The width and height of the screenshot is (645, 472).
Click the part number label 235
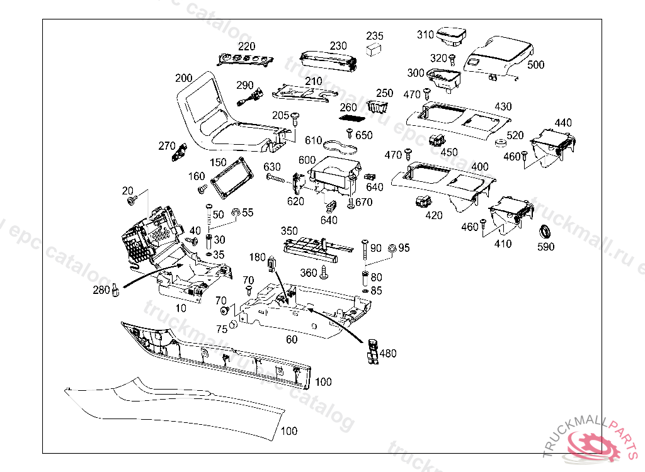coord(375,36)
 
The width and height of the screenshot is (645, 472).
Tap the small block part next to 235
coord(374,49)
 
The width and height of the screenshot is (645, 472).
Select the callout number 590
coord(545,247)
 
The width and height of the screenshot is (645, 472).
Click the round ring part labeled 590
coord(544,230)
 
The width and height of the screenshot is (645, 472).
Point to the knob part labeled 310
coord(450,35)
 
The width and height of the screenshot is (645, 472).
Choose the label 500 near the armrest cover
coord(536,65)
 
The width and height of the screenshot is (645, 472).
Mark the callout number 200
coord(183,78)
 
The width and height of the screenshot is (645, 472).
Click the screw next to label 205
coord(295,117)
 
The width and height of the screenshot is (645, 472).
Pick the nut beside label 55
coord(235,214)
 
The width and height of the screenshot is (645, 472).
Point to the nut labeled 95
coord(391,249)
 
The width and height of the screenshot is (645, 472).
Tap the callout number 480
coord(388,354)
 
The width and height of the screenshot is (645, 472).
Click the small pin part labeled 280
coord(116,291)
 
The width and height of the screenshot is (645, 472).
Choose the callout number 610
coord(314,140)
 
